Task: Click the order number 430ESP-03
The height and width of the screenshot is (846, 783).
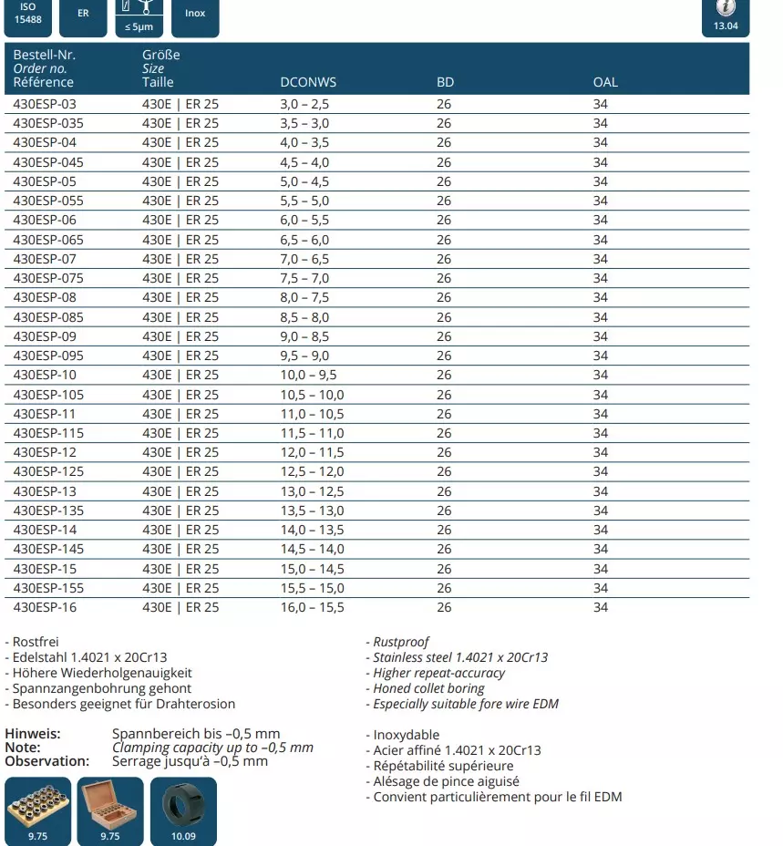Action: tap(45, 105)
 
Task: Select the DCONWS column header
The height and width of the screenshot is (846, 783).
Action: tap(308, 82)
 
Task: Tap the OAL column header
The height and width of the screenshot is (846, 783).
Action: tap(605, 82)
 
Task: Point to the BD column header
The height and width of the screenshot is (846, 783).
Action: tap(445, 82)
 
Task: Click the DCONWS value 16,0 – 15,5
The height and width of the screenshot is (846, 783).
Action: tap(312, 607)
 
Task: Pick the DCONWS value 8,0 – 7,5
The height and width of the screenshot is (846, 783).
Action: tap(304, 297)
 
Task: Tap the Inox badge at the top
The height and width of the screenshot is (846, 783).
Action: tap(195, 14)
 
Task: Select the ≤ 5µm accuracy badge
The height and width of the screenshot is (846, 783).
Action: tap(139, 15)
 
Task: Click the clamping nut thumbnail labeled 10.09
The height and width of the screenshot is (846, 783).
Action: tap(183, 810)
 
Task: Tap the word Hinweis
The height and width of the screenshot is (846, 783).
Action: tap(33, 734)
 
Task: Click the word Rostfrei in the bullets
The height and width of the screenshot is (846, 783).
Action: tap(36, 642)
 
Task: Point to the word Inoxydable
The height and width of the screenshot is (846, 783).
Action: tap(407, 735)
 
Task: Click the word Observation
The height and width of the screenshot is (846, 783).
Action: tap(47, 760)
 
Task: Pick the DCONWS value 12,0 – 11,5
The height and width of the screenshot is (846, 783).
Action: tap(312, 452)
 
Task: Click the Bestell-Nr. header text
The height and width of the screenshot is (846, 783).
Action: tap(44, 55)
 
